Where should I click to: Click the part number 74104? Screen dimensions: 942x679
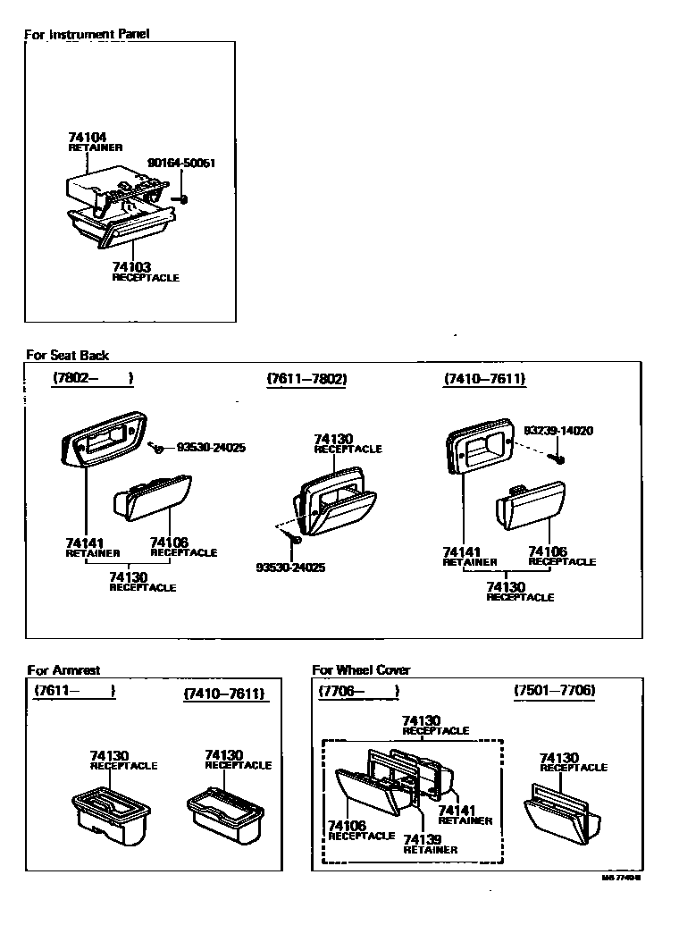point(87,138)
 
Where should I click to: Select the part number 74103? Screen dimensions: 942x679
point(131,267)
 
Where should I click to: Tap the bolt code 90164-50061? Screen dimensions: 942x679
point(181,164)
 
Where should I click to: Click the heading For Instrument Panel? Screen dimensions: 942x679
point(86,34)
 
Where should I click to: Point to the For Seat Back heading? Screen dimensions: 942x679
point(68,355)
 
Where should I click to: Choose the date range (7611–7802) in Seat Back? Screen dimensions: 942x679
point(306,379)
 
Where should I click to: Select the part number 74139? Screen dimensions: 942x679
point(422,839)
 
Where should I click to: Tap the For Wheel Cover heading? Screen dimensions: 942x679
point(361,669)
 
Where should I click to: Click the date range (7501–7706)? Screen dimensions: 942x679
point(555,691)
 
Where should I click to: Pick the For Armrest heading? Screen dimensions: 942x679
point(63,669)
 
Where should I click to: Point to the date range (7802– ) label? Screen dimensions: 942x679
point(93,378)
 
